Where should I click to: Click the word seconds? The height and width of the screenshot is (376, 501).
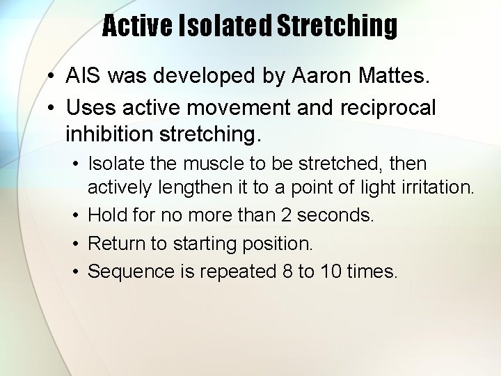pyautogui.click(x=335, y=216)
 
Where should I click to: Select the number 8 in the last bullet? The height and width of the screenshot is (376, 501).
pyautogui.click(x=287, y=272)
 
